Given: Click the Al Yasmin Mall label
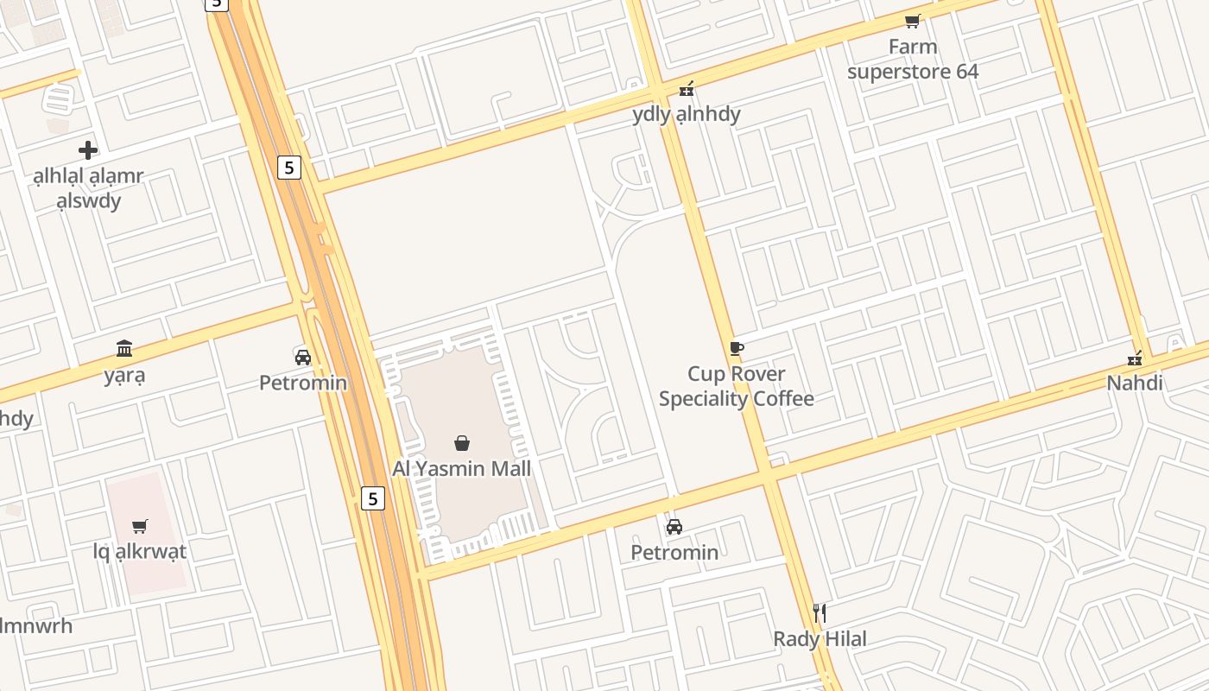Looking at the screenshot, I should pos(461,469).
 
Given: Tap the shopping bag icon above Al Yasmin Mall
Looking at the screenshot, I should pos(462,443).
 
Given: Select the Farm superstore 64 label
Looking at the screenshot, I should pos(913,59).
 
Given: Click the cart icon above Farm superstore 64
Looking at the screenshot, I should pos(913,21).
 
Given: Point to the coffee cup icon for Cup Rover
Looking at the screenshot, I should pos(736,348).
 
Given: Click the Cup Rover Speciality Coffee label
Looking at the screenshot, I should pos(736,386).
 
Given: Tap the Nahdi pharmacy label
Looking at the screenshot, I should pos(1135,384).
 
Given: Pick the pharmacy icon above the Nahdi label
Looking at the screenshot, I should pos(1135,358).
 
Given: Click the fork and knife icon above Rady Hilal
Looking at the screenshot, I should pos(820,613).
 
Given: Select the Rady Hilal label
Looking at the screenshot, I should pos(820,639).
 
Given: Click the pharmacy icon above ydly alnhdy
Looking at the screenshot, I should pos(687,88).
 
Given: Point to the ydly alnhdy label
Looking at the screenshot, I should pos(687,114).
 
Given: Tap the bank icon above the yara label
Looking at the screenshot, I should pos(124,349).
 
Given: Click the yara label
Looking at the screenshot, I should pos(124,376).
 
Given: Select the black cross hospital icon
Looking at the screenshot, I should pos(88,150).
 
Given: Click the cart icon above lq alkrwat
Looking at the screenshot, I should pos(140,526).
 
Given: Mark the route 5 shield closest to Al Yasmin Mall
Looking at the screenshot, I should pos(372,498).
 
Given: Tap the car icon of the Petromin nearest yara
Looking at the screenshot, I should pos(303,357).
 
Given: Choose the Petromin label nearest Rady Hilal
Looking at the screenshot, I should pos(674,552).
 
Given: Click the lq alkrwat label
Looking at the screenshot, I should pos(140,552).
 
